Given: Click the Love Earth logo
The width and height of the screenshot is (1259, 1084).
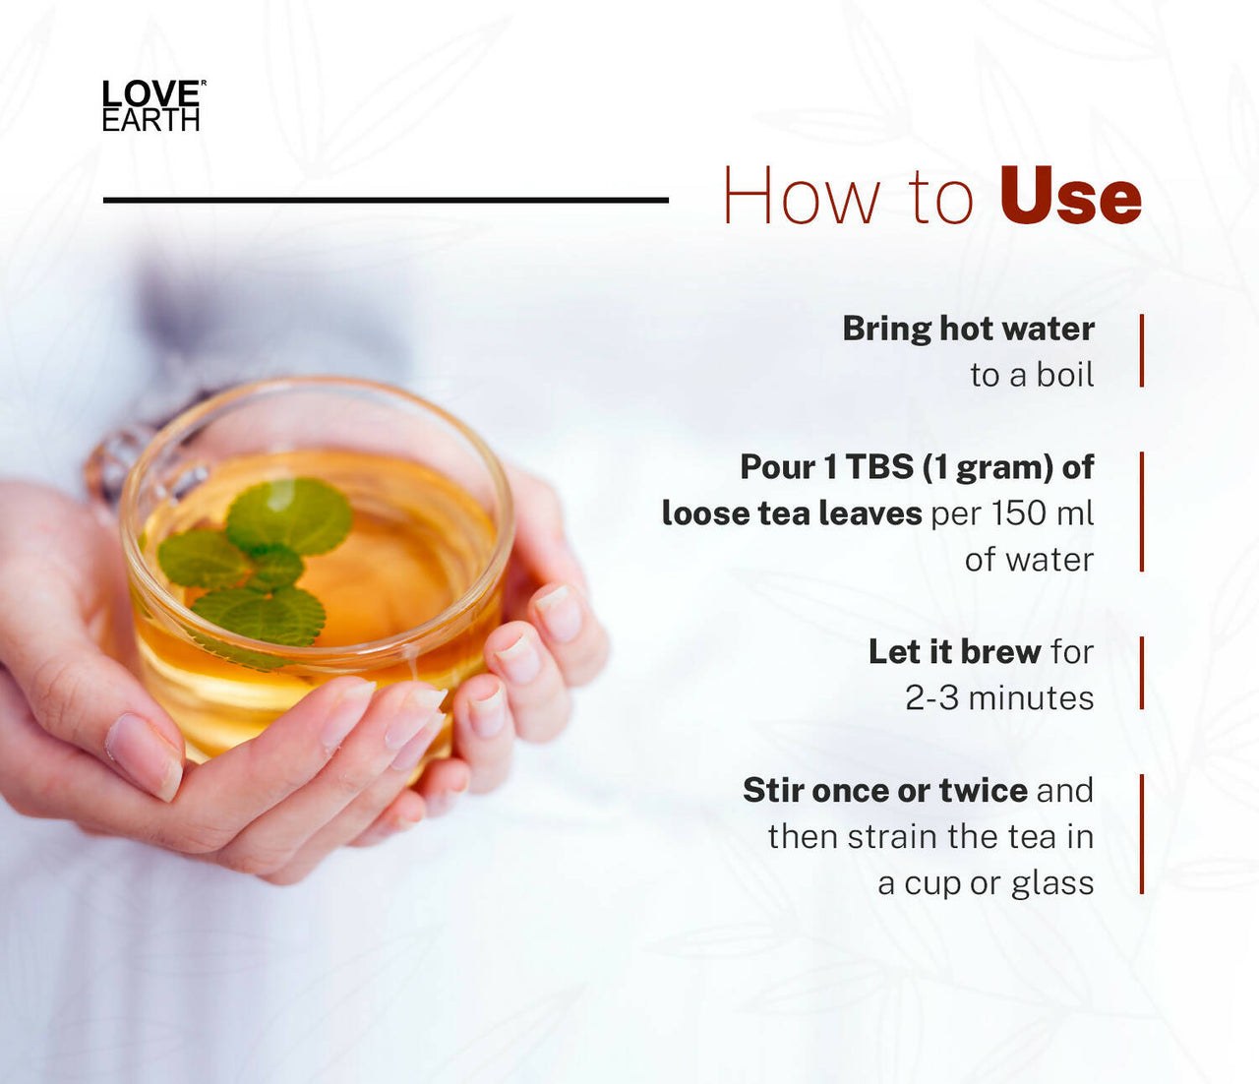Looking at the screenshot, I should pos(151,106).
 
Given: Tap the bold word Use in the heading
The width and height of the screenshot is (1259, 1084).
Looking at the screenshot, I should pos(1070,197).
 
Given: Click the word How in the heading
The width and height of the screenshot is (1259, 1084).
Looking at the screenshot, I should pos(801,197).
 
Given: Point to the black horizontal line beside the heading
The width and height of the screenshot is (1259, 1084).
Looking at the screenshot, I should pos(386,200).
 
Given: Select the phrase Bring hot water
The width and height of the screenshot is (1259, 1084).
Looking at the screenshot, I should pos(968,329).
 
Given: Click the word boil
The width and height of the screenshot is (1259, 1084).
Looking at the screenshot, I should pos(1065,375).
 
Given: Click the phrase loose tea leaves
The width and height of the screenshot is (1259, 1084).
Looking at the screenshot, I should pos(792,512).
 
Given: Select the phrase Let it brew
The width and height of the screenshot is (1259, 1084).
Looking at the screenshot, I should pos(954,651).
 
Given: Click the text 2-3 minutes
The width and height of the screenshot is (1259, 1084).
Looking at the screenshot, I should pos(999,697).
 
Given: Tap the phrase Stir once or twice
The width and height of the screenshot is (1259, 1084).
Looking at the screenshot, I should pos(884,790).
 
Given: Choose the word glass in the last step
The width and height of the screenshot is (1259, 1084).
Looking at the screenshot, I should pos(1052,882).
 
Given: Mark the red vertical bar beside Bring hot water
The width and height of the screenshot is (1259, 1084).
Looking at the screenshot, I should pos(1142,350).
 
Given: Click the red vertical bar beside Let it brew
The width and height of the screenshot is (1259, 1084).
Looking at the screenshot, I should pos(1142,673).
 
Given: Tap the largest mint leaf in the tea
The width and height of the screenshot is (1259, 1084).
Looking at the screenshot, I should pos(289,513).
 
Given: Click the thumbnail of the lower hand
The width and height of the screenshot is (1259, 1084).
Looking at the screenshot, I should pos(144,754).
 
